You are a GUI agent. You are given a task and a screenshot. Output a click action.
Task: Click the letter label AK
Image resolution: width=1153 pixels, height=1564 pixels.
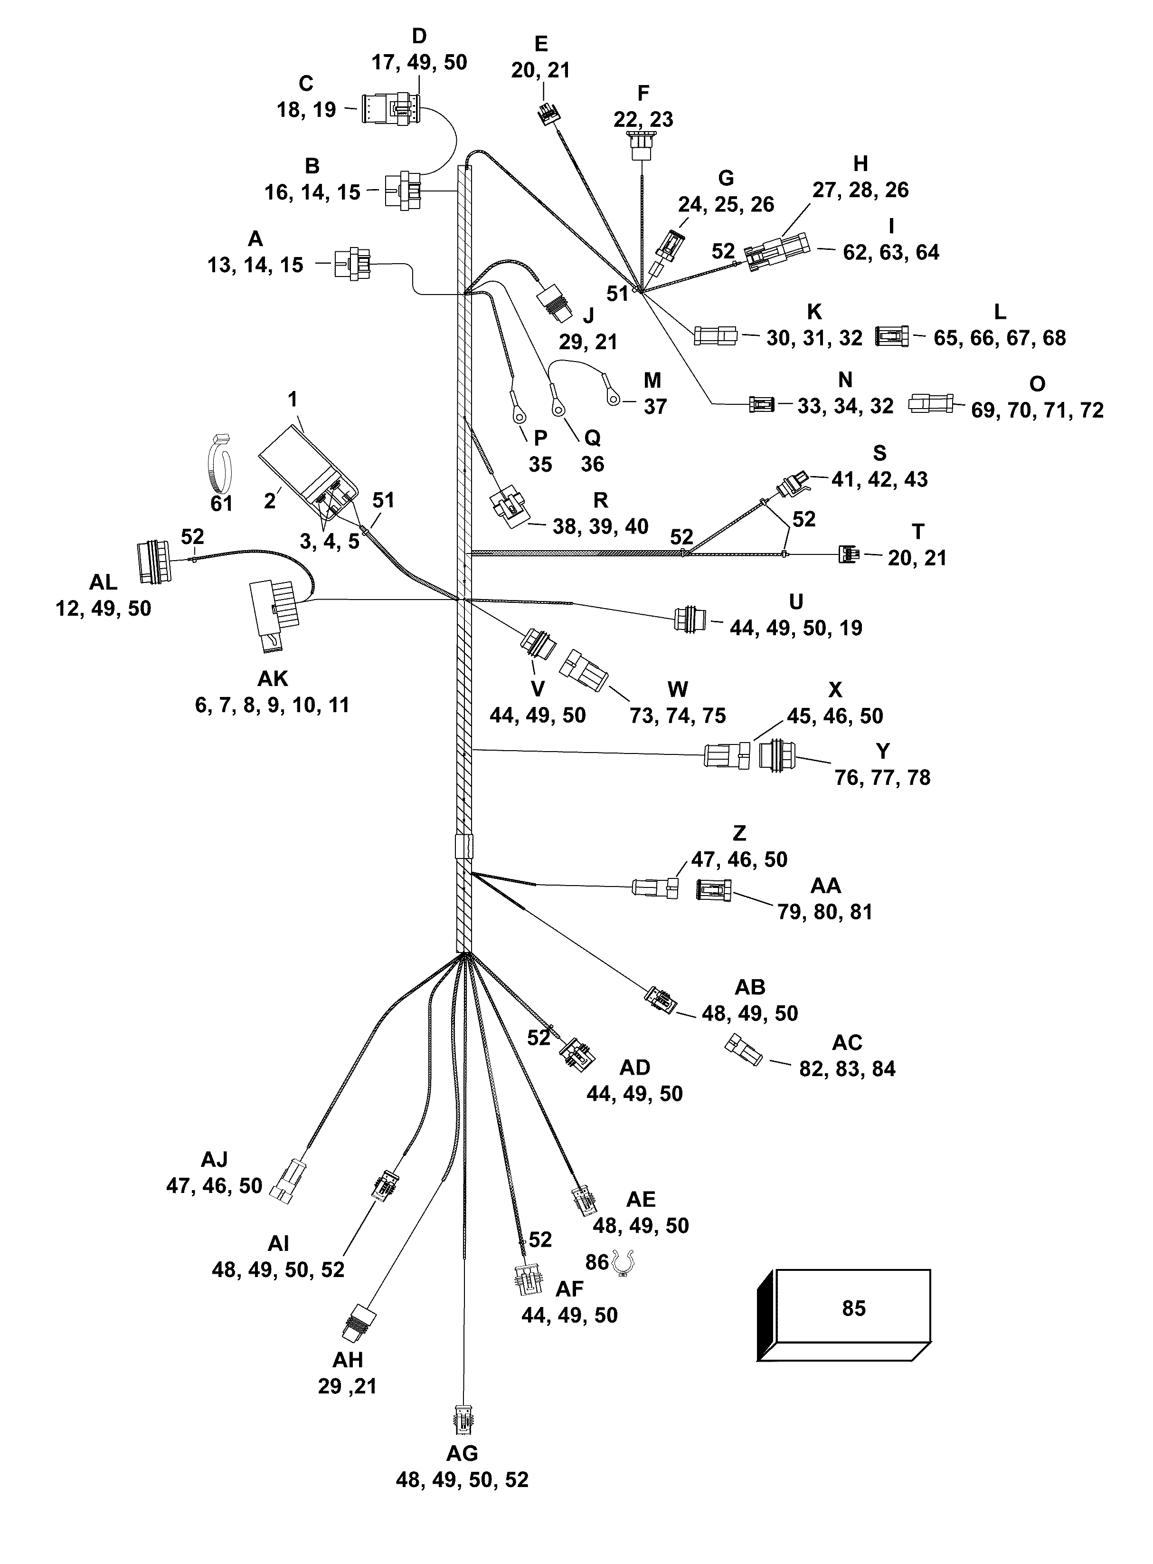(x=272, y=678)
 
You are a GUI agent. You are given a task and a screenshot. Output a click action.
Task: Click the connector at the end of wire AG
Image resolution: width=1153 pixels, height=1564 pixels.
(x=462, y=1421)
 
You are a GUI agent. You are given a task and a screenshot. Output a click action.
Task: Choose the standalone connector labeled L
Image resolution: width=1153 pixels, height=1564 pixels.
(x=892, y=336)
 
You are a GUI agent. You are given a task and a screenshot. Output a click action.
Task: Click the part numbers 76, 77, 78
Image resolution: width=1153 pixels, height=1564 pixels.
(x=882, y=777)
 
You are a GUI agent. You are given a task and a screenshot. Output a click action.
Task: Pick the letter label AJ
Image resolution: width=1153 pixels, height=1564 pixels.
(x=214, y=1159)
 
